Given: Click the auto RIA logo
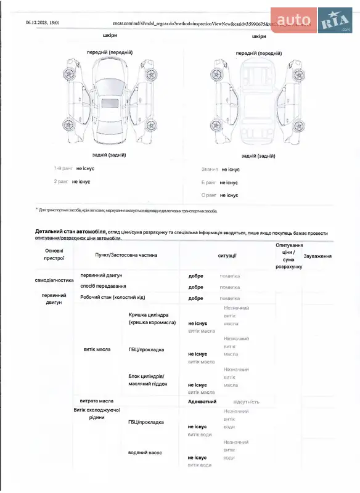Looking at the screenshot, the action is point(311,20).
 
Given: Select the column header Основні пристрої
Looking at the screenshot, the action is point(54,255).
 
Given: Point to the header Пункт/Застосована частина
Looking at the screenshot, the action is point(126,255).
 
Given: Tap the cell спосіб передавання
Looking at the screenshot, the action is point(103,286).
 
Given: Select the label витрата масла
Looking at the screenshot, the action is point(97,401).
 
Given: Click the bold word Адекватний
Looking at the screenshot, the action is point(202,401).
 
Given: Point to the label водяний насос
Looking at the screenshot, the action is point(145,452).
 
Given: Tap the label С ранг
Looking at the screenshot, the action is point(208,195).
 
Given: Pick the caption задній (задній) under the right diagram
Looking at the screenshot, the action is point(258,156).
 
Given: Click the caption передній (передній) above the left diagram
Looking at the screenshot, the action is point(110,52).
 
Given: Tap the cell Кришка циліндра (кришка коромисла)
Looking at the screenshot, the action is point(152,319).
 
